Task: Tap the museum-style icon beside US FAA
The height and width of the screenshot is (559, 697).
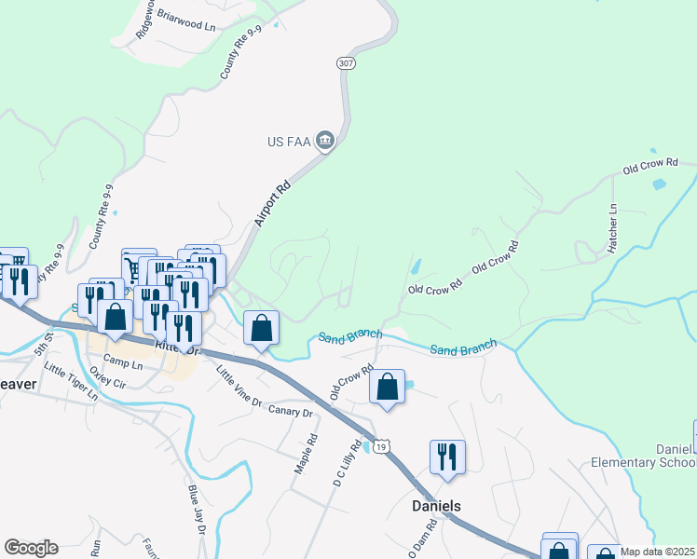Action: [x=325, y=142]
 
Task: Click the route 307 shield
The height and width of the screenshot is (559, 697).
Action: [x=346, y=62]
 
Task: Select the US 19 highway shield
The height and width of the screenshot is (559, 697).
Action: [x=382, y=448]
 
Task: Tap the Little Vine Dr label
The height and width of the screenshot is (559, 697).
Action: [x=239, y=387]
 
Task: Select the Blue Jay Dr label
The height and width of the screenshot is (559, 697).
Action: [x=196, y=510]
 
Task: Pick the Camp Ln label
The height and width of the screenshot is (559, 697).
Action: [x=123, y=361]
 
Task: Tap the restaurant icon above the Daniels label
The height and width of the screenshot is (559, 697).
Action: [x=447, y=457]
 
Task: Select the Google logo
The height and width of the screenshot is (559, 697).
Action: [x=31, y=548]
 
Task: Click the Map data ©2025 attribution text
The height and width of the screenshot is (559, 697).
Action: [x=658, y=552]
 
